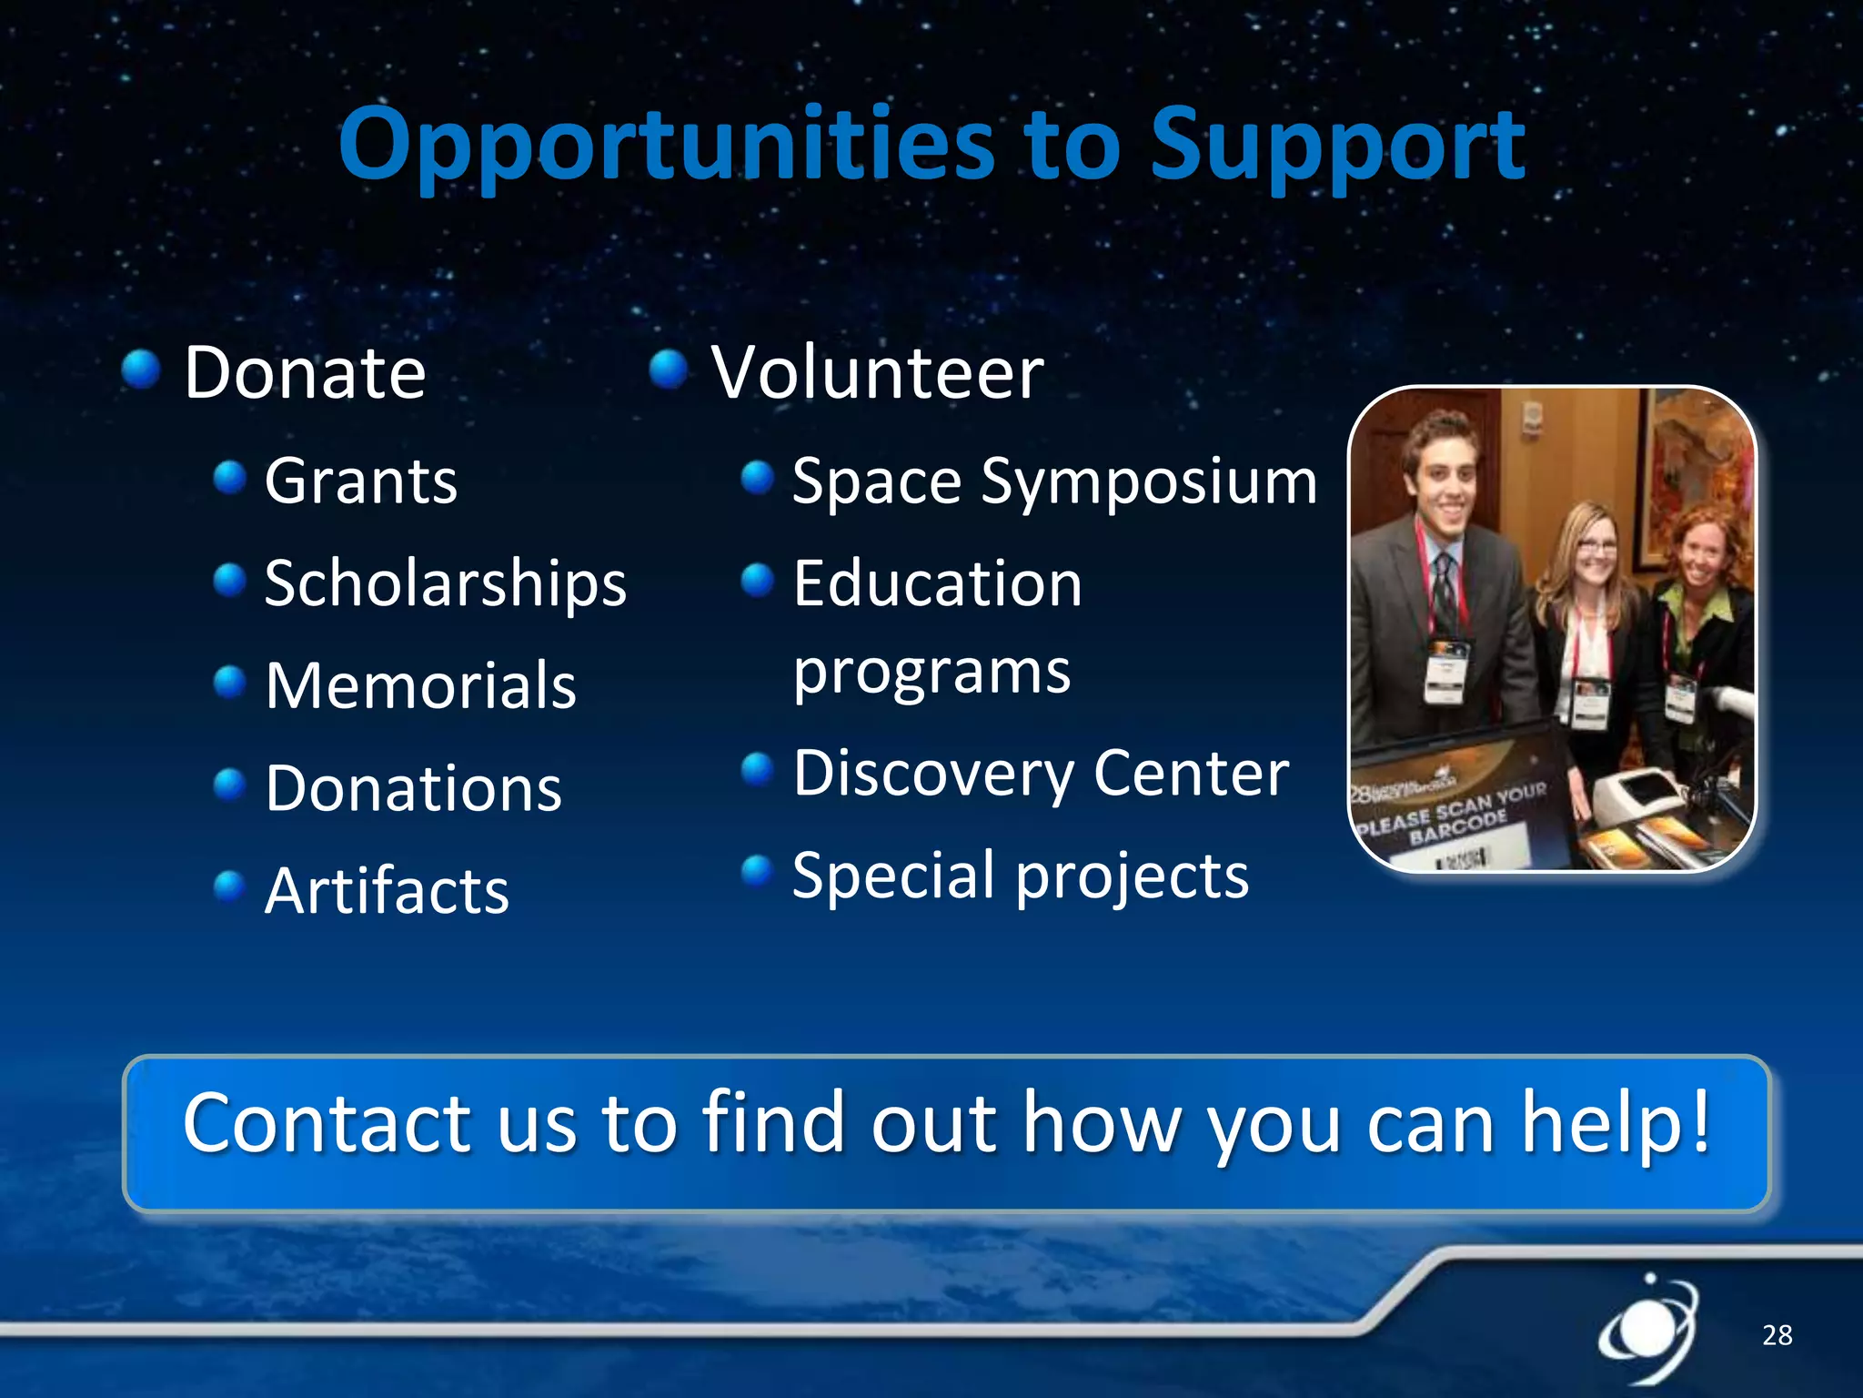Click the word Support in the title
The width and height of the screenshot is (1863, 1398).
click(1337, 146)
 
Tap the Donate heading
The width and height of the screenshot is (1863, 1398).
click(305, 373)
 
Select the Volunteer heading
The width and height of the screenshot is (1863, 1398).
click(877, 373)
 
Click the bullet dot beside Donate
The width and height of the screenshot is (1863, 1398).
click(141, 370)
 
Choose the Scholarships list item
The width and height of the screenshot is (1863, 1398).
click(446, 583)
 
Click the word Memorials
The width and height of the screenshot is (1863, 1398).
click(420, 686)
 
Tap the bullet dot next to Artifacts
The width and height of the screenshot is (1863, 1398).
click(229, 886)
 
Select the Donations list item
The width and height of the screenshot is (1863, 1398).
click(414, 788)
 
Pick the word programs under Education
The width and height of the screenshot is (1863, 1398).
click(931, 674)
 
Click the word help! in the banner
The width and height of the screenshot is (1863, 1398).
click(1616, 1124)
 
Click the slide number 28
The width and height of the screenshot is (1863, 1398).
click(1777, 1335)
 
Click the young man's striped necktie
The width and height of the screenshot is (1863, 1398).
click(1444, 592)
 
